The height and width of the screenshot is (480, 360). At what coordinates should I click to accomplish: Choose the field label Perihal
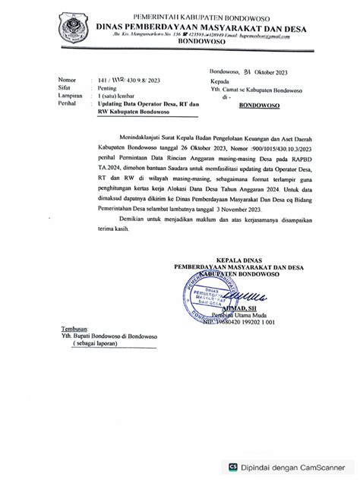point(66,104)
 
